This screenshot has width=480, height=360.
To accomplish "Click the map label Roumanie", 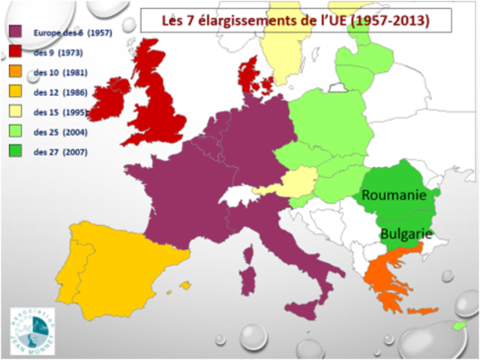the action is point(394,195).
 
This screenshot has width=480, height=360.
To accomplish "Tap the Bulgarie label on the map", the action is point(406,233).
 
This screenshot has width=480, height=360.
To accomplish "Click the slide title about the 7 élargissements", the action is point(296,20).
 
